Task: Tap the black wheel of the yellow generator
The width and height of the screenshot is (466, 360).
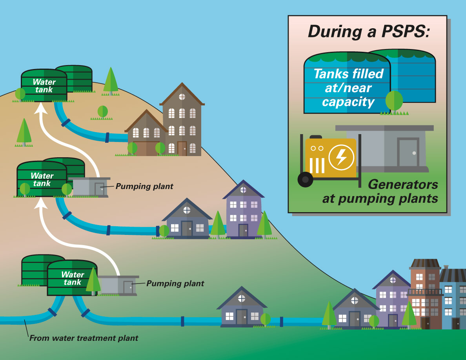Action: pos(305,180)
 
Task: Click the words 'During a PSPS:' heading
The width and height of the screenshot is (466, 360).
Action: pos(369,32)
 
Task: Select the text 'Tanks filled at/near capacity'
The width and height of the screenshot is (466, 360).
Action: pos(349,88)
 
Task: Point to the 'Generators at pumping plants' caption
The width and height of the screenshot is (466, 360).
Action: pos(380,191)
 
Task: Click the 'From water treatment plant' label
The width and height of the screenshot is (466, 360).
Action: pos(84,338)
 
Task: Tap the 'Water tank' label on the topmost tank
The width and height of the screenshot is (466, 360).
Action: pos(44,85)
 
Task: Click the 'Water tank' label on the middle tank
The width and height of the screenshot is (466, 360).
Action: pos(42,180)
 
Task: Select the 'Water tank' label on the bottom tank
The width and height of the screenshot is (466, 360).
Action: pos(73,278)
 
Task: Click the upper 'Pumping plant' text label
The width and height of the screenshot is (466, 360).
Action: pos(144,186)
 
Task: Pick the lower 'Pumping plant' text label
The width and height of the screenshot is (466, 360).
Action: pos(175,283)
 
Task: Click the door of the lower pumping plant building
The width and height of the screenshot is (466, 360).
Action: pos(128,287)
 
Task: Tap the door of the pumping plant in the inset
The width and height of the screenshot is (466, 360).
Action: pos(408,152)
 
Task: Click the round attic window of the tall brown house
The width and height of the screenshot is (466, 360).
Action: pos(182,96)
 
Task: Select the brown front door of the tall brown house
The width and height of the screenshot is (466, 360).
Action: pos(182,149)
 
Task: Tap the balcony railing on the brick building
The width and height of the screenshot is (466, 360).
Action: pos(425,292)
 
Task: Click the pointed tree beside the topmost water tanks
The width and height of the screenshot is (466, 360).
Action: pos(111,81)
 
